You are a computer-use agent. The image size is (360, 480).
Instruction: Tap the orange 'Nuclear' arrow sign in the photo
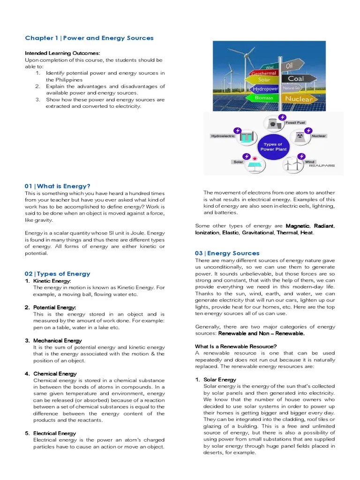[299, 99]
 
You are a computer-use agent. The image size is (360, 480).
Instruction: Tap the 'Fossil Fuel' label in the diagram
[295, 122]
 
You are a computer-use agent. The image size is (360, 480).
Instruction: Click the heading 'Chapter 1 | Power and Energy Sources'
[89, 38]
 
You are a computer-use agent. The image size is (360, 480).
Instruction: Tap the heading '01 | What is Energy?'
[57, 186]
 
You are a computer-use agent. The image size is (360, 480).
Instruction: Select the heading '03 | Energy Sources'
[227, 253]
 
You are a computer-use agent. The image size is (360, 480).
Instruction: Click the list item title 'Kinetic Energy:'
[52, 280]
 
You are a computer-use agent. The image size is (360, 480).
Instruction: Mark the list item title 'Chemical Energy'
[55, 374]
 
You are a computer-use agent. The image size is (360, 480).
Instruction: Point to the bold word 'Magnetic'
[298, 226]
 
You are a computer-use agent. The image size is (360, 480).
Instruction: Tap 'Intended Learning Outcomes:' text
[62, 53]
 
